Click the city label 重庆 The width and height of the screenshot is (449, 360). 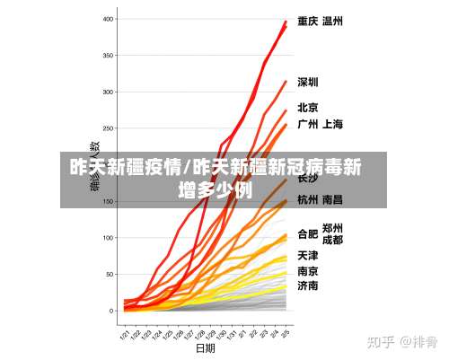tap(308, 22)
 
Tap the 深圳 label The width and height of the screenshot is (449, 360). tap(308, 83)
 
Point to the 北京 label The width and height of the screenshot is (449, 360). tap(308, 107)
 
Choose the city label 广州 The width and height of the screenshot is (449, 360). tap(308, 124)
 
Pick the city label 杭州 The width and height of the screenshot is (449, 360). tap(308, 199)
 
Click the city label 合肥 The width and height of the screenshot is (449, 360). tap(308, 234)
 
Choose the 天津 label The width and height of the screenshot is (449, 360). tap(308, 255)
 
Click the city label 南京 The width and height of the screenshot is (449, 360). tap(308, 270)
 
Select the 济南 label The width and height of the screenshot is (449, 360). tap(308, 285)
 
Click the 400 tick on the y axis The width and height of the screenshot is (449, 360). tap(109, 19)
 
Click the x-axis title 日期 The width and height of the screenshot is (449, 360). tap(206, 347)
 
